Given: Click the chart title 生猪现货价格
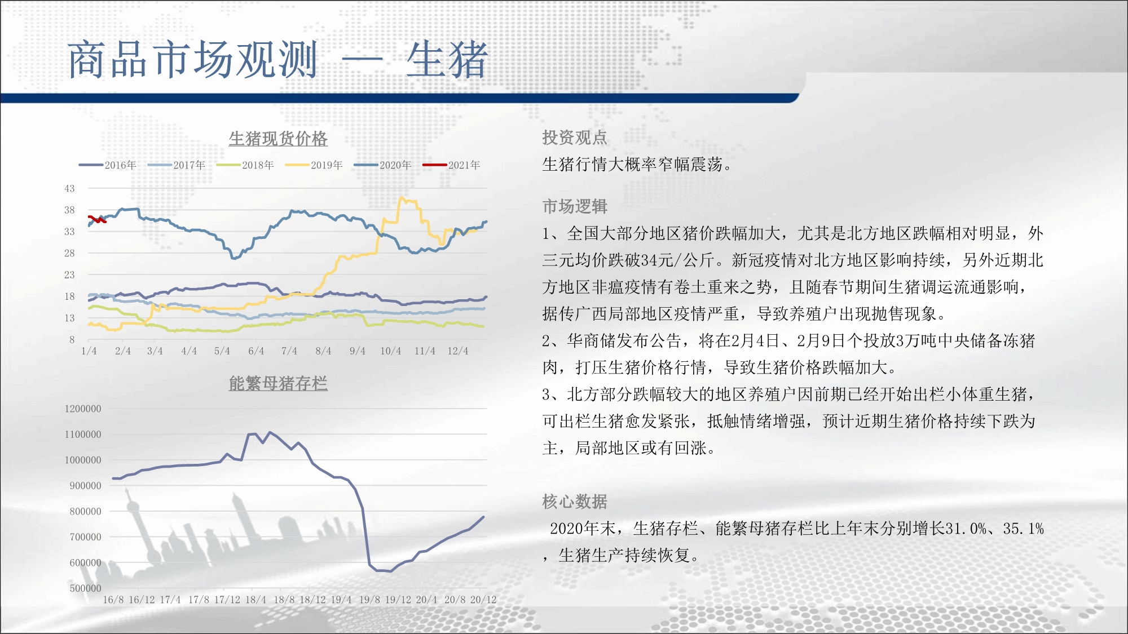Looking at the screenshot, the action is pos(278,139).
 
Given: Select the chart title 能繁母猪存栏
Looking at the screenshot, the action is pos(278,383).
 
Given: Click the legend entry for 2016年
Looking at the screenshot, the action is pos(108,165).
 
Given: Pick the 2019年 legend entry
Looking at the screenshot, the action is pos(314,165).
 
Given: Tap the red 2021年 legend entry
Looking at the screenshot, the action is pos(452,165).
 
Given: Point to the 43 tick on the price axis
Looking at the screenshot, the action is pos(69,188).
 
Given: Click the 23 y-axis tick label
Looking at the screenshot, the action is pos(69,275).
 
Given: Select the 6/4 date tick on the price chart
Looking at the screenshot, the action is pos(256,351).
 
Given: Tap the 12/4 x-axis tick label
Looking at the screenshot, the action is pos(458,351).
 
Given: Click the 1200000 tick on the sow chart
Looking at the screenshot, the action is pos(83,409).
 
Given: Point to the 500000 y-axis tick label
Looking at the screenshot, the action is pos(85,588).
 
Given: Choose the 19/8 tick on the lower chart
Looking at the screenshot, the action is pos(369,600).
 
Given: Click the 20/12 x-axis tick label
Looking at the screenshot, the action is pos(483,600).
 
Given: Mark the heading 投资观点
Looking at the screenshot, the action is pos(575,138).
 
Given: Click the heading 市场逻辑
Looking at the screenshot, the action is pos(575,206).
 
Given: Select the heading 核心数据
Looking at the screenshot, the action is pos(575,502).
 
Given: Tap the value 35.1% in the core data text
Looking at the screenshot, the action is pos(1023,529).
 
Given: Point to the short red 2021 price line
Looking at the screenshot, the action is pos(97,219).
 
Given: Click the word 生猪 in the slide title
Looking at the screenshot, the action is pos(447,60).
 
